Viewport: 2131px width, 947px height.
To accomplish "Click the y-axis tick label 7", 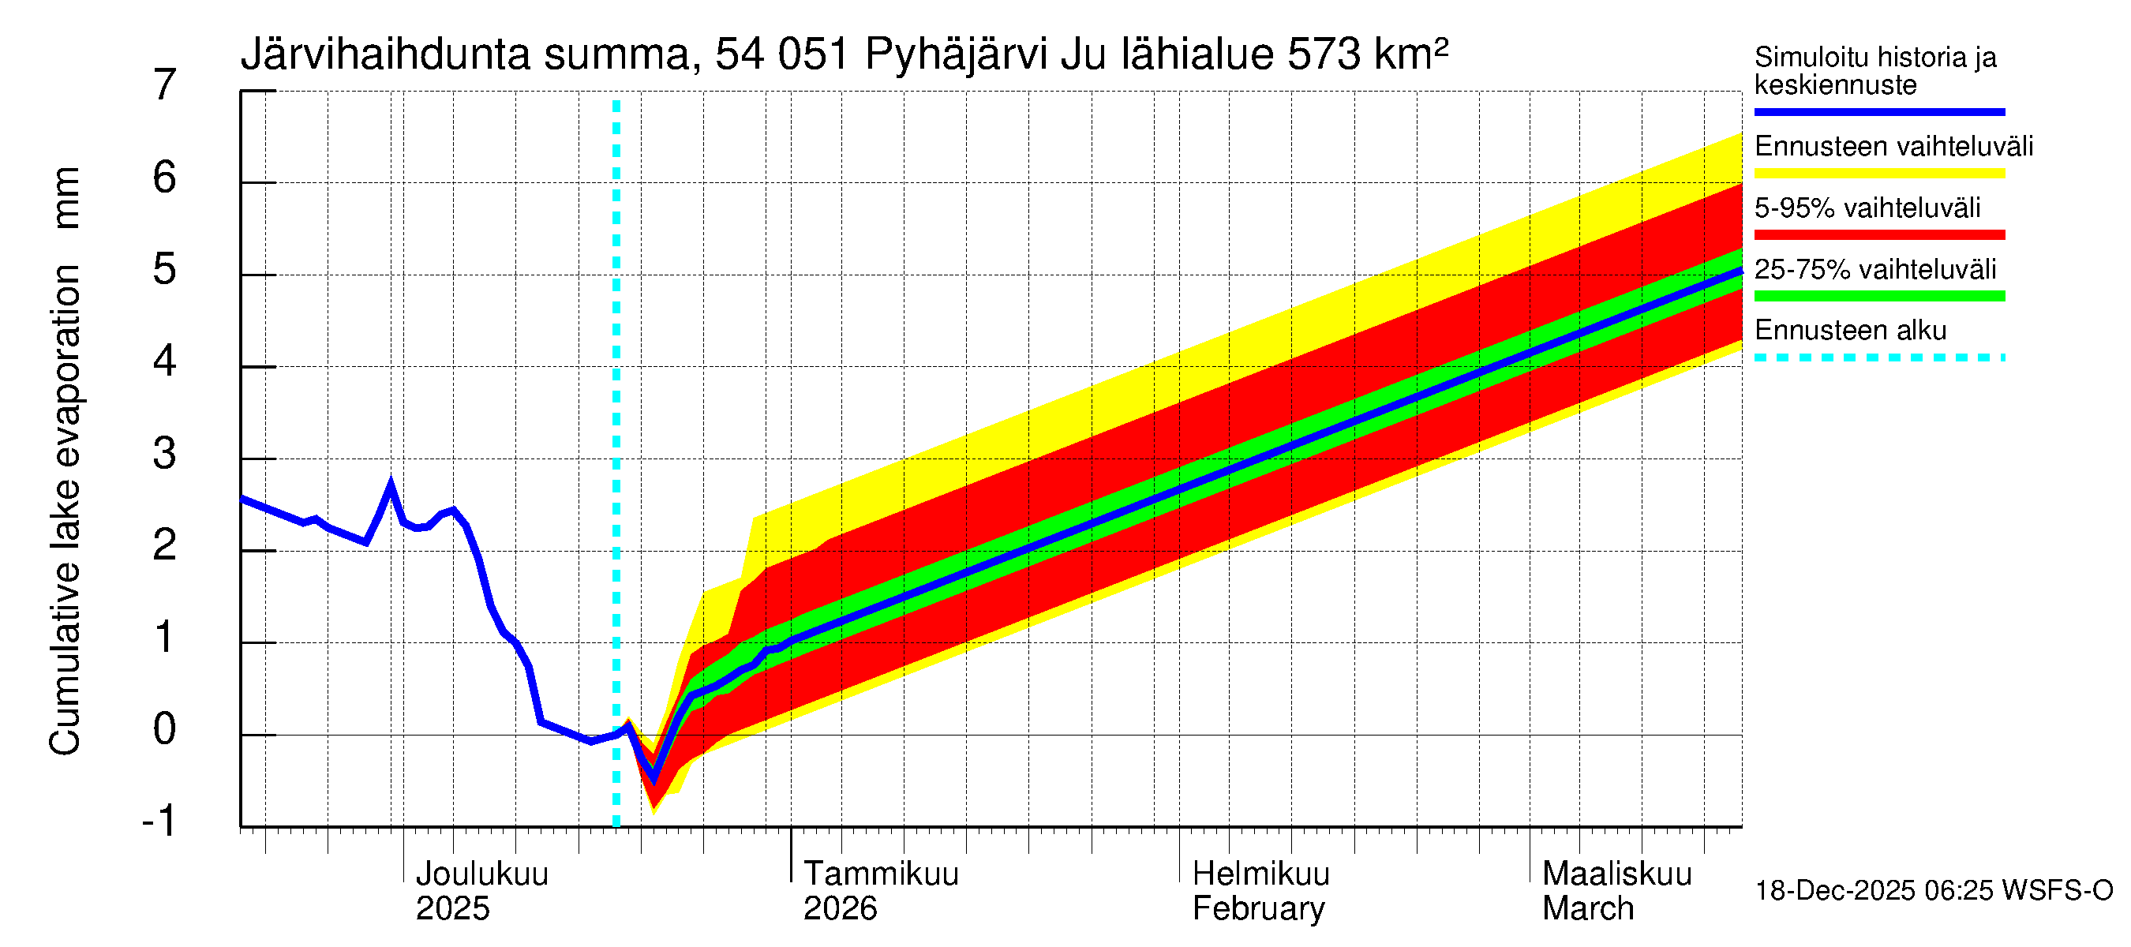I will click(x=165, y=85).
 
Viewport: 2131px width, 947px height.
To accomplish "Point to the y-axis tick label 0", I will click(x=165, y=729).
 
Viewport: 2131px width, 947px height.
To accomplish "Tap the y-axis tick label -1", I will click(x=159, y=822).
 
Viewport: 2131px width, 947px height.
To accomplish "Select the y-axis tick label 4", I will click(x=165, y=361).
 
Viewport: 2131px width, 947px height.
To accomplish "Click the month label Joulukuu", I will click(x=481, y=874).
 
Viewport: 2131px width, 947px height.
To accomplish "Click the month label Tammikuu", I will click(x=881, y=874).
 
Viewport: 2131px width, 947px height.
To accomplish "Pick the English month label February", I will click(x=1258, y=909).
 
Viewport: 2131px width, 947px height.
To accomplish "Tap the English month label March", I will click(x=1587, y=909).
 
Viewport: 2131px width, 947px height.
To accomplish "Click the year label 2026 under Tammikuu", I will click(x=840, y=909).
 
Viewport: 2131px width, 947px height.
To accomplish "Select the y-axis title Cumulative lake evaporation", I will click(x=65, y=509).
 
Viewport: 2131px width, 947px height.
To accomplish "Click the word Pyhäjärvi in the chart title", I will click(x=956, y=55).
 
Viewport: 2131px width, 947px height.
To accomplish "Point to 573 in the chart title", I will click(x=1324, y=55).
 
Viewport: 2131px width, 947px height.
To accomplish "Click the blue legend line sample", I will click(x=1879, y=111).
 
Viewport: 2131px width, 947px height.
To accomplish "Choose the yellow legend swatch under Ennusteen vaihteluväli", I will click(x=1879, y=174).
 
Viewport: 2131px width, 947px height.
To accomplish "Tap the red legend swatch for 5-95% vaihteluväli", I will click(x=1879, y=235).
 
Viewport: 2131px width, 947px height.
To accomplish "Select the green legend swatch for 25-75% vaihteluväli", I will click(x=1879, y=296).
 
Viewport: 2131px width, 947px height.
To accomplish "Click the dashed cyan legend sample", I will click(x=1879, y=357).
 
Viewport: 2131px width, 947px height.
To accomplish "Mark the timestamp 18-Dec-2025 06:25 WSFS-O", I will click(x=1933, y=891).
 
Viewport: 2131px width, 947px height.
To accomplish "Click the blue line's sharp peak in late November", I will click(x=391, y=483).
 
